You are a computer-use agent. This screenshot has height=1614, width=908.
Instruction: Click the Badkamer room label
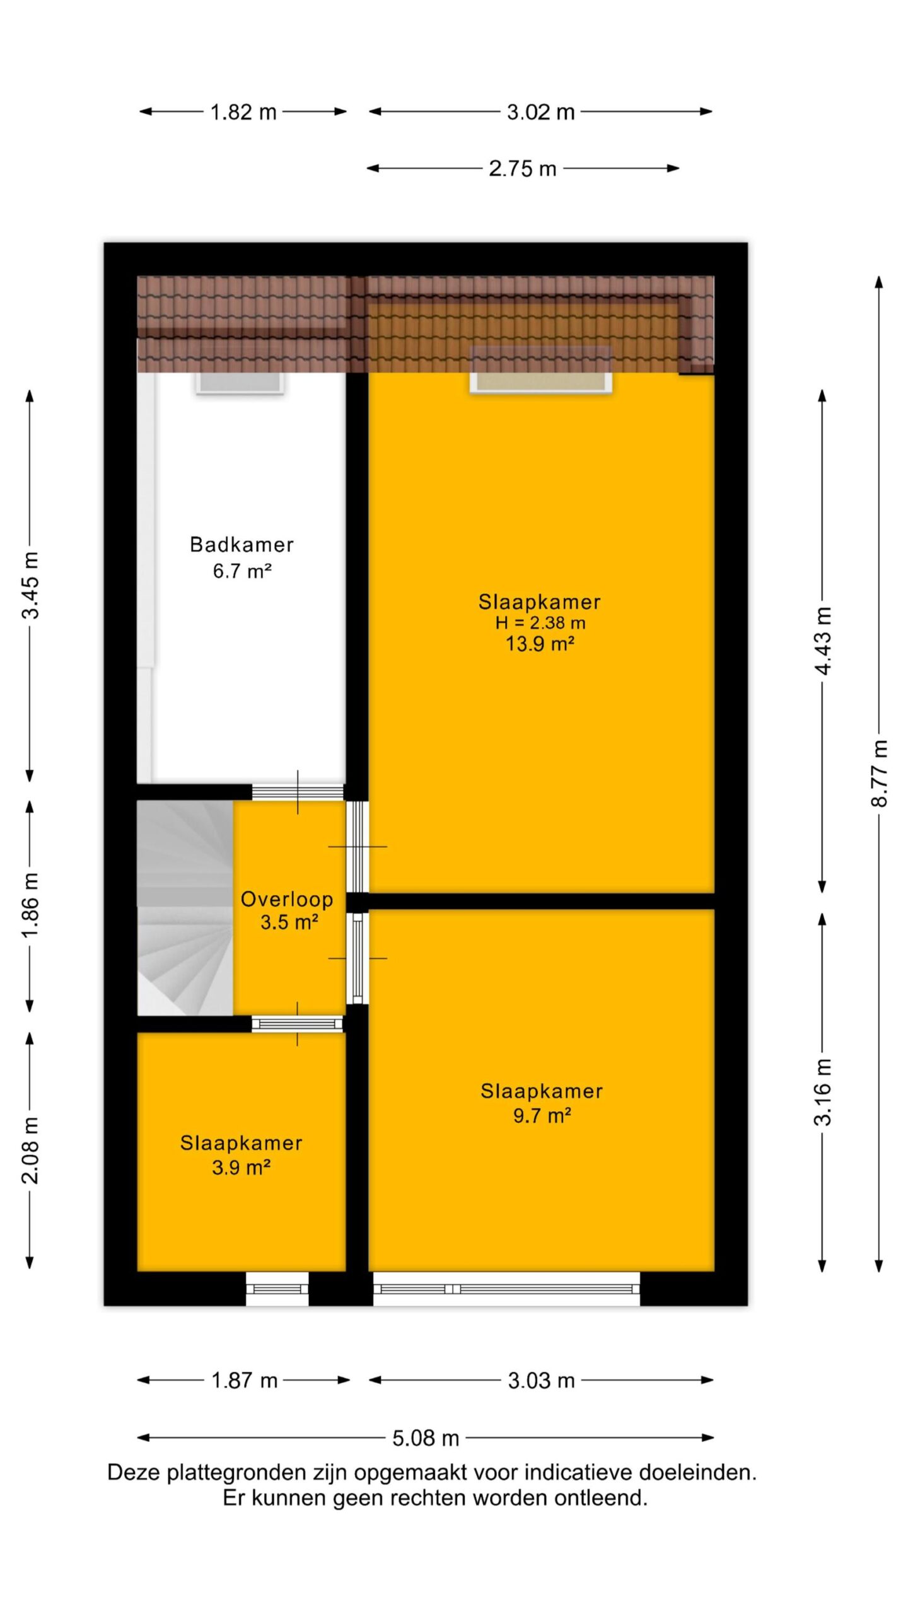pyautogui.click(x=242, y=545)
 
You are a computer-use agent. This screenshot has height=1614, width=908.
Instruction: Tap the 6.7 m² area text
pyautogui.click(x=242, y=571)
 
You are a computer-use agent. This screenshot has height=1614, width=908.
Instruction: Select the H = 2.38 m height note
pyautogui.click(x=540, y=623)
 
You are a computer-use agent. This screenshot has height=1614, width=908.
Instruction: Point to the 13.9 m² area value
pyautogui.click(x=540, y=644)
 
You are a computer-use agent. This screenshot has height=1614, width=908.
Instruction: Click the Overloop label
pyautogui.click(x=287, y=899)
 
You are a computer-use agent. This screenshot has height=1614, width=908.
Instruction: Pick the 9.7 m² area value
pyautogui.click(x=542, y=1116)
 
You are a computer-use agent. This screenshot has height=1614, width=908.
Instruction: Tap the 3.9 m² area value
pyautogui.click(x=241, y=1168)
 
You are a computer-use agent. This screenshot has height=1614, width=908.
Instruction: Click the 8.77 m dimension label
pyautogui.click(x=880, y=773)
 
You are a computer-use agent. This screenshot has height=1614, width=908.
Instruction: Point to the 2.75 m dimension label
pyautogui.click(x=523, y=168)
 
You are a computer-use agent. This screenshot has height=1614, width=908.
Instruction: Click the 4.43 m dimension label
pyautogui.click(x=823, y=641)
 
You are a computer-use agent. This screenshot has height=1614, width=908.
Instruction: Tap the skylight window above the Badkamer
pyautogui.click(x=239, y=382)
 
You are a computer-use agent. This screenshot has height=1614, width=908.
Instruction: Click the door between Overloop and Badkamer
pyautogui.click(x=298, y=792)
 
